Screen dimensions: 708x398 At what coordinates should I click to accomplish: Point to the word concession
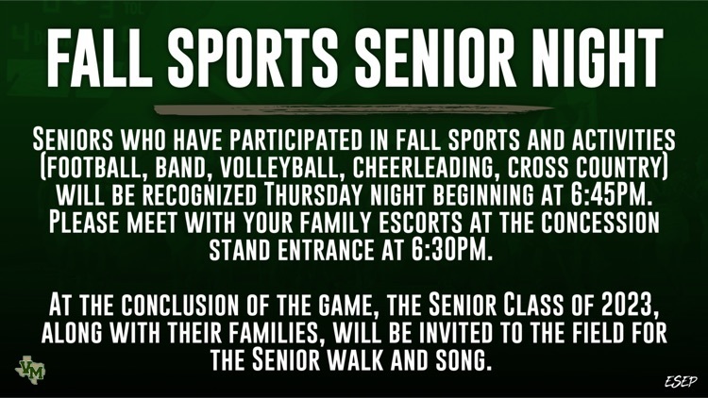pos(600,222)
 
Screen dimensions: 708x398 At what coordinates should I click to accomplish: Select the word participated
pos(295,140)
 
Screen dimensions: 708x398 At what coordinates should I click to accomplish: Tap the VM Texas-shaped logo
pos(30,370)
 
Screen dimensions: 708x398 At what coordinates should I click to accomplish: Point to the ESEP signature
pos(681,382)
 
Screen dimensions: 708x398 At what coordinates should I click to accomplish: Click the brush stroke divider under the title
pos(354,109)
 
